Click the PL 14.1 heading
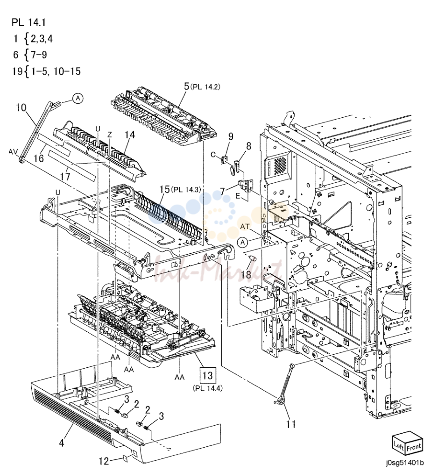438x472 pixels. pyautogui.click(x=28, y=22)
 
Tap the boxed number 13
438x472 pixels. pyautogui.click(x=208, y=375)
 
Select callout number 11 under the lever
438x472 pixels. pyautogui.click(x=291, y=424)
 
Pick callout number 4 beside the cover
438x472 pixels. pyautogui.click(x=62, y=443)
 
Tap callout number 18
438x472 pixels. pyautogui.click(x=246, y=274)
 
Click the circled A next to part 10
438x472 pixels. pyautogui.click(x=78, y=99)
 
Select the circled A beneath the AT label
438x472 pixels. pyautogui.click(x=243, y=242)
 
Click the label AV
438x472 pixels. pyautogui.click(x=13, y=152)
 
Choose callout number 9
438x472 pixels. pyautogui.click(x=231, y=136)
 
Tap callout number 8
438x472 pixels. pyautogui.click(x=248, y=146)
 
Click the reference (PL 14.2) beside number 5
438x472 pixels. pyautogui.click(x=206, y=87)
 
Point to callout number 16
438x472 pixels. pyautogui.click(x=39, y=158)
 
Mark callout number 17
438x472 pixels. pyautogui.click(x=65, y=176)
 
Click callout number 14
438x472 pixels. pyautogui.click(x=130, y=135)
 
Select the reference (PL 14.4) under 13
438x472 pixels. pyautogui.click(x=208, y=388)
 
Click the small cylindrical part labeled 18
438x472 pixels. pyautogui.click(x=253, y=258)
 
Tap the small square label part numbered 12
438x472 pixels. pyautogui.click(x=125, y=458)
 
